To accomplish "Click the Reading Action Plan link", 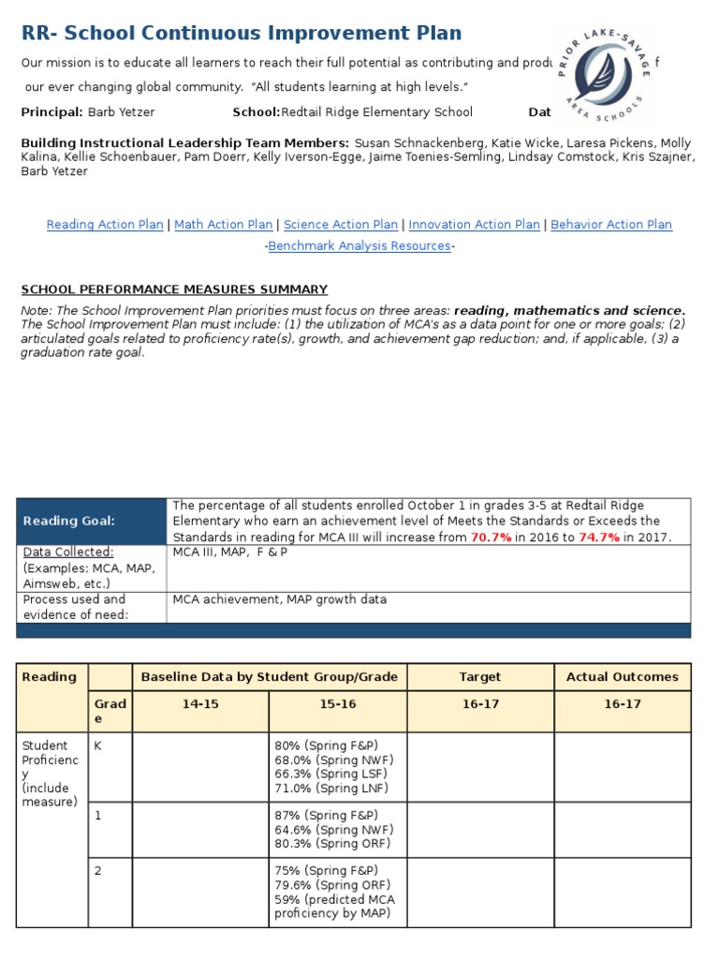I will tap(105, 225).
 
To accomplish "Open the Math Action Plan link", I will tap(224, 225).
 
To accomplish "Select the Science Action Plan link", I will tap(341, 225).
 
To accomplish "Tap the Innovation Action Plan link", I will tap(474, 225).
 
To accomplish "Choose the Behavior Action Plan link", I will tap(611, 225).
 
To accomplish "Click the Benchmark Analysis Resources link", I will tap(359, 245).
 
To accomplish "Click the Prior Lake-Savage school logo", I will tap(603, 74).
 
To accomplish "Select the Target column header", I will tap(480, 677).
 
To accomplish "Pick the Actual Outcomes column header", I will tap(623, 677).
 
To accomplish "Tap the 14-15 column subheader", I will tap(200, 704).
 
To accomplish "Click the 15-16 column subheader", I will tap(337, 704).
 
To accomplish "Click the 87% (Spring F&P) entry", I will tap(327, 816).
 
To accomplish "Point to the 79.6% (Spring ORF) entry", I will tap(332, 885).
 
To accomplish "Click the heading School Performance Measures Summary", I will tap(174, 289).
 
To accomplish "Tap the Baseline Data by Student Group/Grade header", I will tap(269, 677).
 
